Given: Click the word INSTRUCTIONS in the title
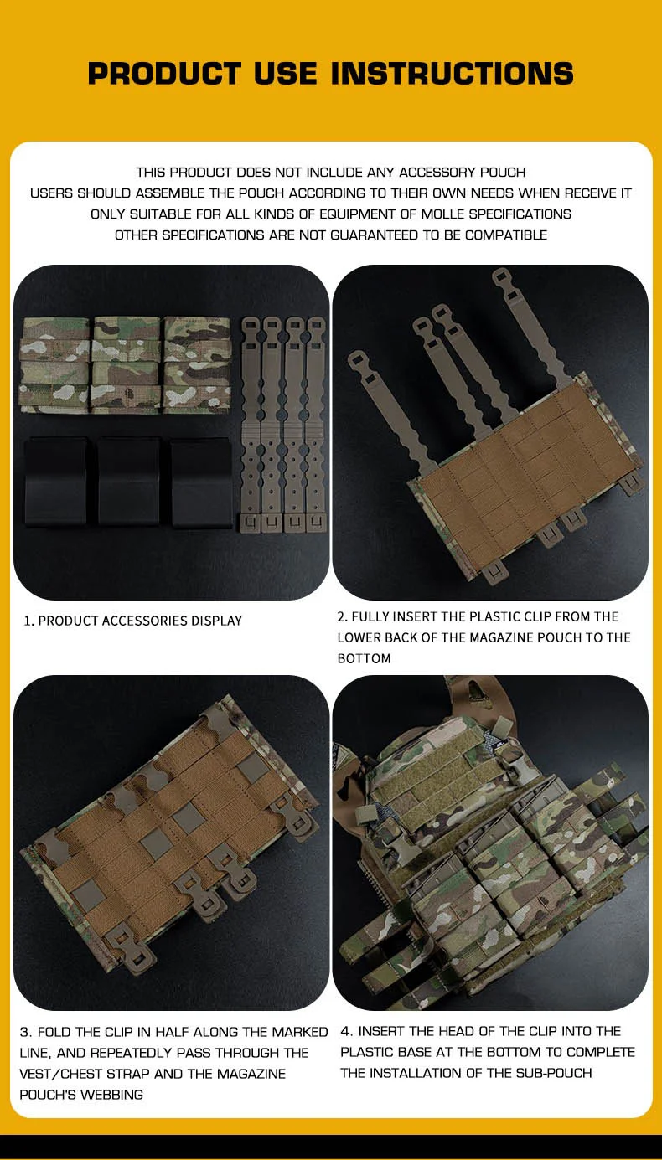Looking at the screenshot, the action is coord(453,73).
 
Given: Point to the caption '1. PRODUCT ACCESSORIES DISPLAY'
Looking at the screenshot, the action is coord(132,621).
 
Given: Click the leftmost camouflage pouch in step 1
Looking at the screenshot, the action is coord(54,365).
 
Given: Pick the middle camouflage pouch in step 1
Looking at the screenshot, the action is coord(126,365).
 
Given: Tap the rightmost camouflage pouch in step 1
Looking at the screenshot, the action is coord(197,365).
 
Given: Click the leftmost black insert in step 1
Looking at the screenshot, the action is coord(55,482).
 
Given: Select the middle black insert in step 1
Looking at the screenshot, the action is coord(129,482).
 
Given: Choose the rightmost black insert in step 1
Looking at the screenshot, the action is coord(202,482).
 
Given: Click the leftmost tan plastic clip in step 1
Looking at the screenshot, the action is coord(251,425).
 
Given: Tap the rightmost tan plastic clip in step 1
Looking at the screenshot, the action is coord(316,425).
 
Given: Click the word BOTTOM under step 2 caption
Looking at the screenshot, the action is coord(365,658).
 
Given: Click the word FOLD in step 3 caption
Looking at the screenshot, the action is coord(54,1032).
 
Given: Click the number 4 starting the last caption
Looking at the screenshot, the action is coord(345,1031).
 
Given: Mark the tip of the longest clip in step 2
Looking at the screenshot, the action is coord(500,272).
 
